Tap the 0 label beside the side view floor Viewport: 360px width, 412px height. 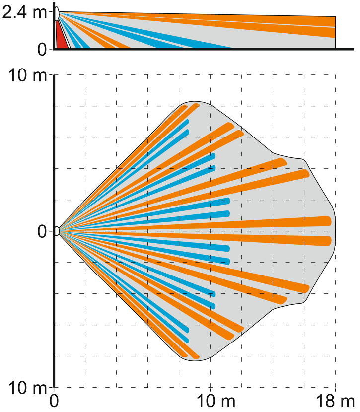point(42,49)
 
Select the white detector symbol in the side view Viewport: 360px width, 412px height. point(57,14)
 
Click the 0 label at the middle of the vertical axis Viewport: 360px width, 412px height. point(42,231)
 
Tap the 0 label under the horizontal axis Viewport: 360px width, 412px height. point(55,400)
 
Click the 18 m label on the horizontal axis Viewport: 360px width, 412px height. point(337,400)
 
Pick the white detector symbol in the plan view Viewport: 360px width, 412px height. point(57,231)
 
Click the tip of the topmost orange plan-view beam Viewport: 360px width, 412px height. point(197,105)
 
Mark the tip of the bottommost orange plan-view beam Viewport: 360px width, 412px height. point(197,357)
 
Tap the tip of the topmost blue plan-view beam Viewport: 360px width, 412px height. point(187,121)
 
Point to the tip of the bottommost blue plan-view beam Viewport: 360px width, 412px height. point(187,341)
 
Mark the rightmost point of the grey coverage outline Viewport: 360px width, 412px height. point(336,231)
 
